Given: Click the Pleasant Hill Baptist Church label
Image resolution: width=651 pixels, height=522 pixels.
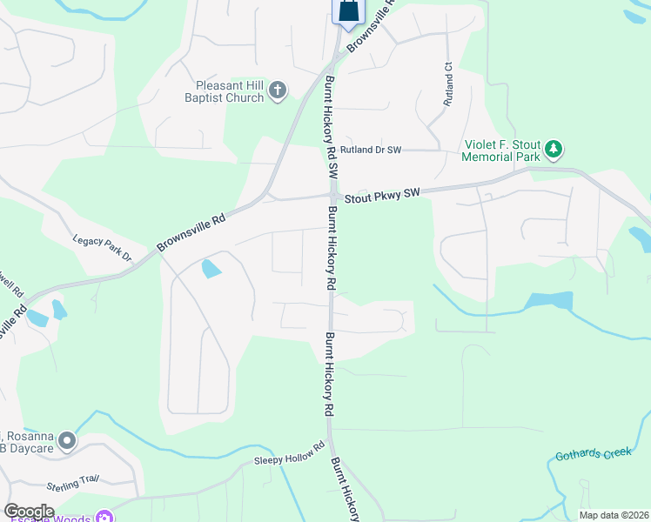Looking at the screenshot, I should tap(231, 92).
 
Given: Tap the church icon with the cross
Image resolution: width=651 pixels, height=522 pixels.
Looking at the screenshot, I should tap(278, 90).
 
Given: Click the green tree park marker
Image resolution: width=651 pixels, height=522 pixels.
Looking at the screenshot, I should tap(554, 151).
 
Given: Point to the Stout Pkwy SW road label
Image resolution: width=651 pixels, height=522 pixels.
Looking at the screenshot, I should tap(383, 195).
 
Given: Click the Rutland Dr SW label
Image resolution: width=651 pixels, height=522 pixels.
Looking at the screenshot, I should tap(371, 151).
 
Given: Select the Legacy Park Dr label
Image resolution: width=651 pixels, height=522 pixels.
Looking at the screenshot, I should tap(101, 250).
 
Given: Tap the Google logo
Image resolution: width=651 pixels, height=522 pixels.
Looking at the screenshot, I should tap(29, 512).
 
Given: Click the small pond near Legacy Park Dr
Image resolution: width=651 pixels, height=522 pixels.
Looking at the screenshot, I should tap(211, 269).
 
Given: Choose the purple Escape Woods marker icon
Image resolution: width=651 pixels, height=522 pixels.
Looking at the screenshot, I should tap(104, 519).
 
